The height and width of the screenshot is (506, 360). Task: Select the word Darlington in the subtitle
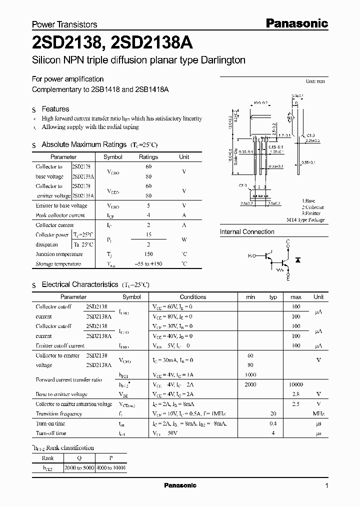click(220, 60)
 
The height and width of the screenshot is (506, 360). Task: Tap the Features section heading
click(55, 109)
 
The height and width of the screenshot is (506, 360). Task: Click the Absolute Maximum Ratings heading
click(83, 144)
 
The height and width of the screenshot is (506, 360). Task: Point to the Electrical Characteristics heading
click(79, 284)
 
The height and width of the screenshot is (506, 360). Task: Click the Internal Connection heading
click(247, 232)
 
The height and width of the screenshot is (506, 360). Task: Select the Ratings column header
click(148, 157)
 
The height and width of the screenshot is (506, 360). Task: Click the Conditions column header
click(192, 297)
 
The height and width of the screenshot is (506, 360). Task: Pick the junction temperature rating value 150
click(148, 254)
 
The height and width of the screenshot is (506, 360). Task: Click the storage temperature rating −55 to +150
click(148, 263)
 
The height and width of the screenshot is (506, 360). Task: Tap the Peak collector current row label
click(60, 215)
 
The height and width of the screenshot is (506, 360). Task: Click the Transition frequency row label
click(59, 414)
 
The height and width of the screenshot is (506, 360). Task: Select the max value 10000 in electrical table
click(296, 384)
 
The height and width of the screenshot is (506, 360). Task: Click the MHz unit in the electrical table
click(318, 414)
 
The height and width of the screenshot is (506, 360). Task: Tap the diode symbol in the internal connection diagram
click(298, 260)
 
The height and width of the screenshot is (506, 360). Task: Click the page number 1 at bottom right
click(326, 486)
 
